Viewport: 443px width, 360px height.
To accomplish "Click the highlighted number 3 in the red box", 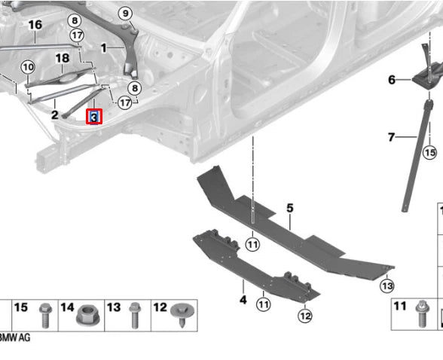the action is click(x=93, y=117).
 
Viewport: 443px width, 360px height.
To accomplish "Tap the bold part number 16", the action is click(x=35, y=25).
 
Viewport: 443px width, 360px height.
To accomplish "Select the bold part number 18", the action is click(x=63, y=58).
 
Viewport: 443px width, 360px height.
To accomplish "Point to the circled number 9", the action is click(x=125, y=13).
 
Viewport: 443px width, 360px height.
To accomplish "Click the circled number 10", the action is click(x=28, y=67).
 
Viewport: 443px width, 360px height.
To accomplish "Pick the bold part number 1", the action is click(x=104, y=48).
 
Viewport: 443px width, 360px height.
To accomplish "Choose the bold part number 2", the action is click(x=55, y=115).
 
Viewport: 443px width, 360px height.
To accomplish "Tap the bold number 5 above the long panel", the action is click(x=290, y=208).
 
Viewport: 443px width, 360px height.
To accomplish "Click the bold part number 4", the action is click(x=243, y=300).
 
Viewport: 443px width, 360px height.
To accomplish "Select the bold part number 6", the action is click(x=392, y=80).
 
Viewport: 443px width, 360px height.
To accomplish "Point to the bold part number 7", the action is click(x=391, y=137).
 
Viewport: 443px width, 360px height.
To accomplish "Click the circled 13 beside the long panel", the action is click(x=387, y=286).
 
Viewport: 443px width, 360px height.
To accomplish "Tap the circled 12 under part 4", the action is click(x=305, y=316).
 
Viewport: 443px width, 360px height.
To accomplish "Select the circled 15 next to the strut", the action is click(x=429, y=152).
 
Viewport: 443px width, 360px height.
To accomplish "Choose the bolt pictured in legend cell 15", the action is click(x=45, y=316).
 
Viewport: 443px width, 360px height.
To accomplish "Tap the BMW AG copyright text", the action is click(x=15, y=337).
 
